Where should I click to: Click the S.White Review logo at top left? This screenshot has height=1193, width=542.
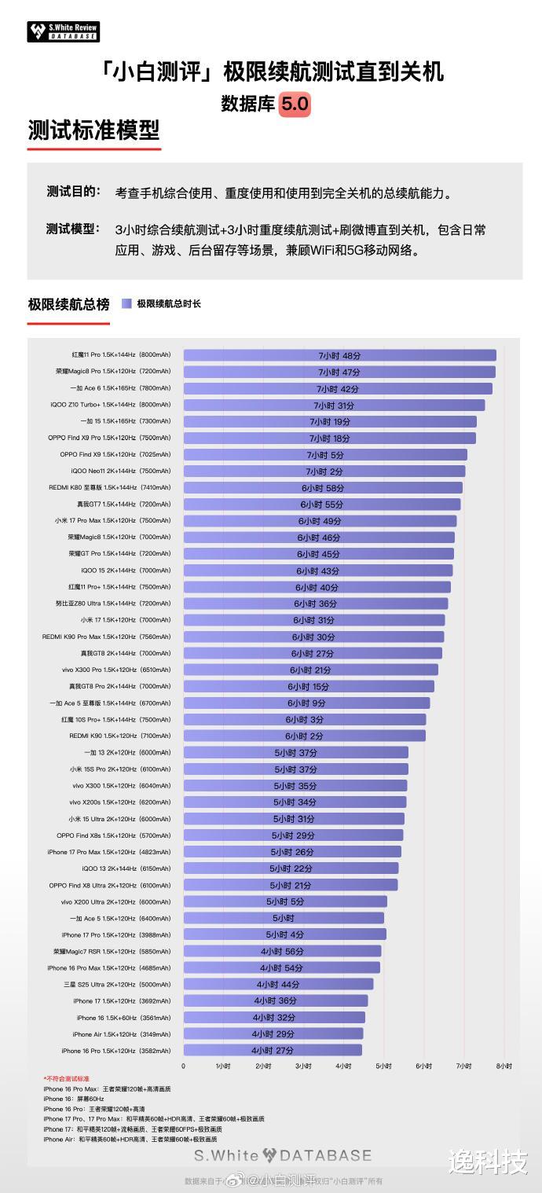tap(63, 31)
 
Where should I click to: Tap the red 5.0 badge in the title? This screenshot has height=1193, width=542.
tap(295, 104)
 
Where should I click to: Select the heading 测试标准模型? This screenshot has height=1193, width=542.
tap(93, 130)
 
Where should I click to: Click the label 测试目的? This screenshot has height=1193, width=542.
tap(73, 192)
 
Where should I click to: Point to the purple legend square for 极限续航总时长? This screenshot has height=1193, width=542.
tap(126, 303)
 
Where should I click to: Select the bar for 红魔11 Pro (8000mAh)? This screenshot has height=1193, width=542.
tap(339, 355)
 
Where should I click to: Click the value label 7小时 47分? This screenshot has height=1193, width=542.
tap(339, 372)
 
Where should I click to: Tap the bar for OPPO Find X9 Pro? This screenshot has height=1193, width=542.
tap(329, 438)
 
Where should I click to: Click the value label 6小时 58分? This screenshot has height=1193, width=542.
tap(323, 488)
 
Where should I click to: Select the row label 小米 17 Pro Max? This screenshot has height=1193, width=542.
tap(112, 521)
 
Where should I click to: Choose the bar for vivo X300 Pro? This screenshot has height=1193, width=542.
tap(310, 670)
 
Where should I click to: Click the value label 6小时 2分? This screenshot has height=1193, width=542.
tap(304, 736)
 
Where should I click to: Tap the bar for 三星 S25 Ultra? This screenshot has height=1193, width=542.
tap(278, 984)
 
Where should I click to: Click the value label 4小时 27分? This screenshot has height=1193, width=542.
tap(273, 1051)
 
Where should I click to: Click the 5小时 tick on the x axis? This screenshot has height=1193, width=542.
tap(383, 1066)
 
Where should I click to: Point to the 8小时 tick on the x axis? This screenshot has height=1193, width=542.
tap(504, 1066)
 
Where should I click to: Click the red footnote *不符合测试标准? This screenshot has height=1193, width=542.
tap(67, 1079)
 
